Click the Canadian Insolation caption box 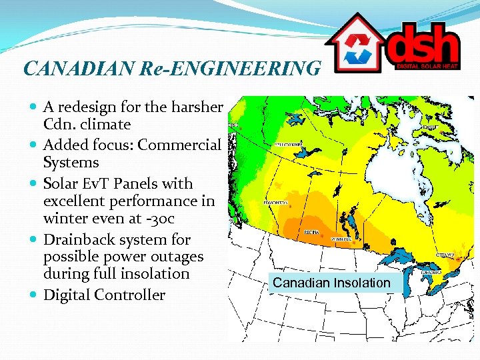[331, 283]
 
